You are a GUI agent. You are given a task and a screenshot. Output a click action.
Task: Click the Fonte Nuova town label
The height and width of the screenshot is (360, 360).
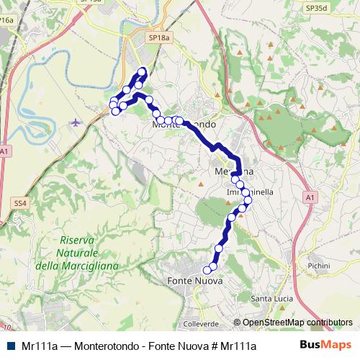pyautogui.click(x=194, y=280)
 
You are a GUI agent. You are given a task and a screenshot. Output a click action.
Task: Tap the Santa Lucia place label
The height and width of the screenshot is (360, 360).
pyautogui.click(x=271, y=298)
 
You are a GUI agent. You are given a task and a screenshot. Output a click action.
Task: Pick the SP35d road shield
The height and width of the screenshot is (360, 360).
pyautogui.click(x=315, y=8)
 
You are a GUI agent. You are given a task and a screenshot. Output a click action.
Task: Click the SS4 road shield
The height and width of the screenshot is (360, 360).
pyautogui.click(x=20, y=204)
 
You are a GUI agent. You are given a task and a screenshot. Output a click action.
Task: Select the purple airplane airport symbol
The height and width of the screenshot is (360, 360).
pyautogui.click(x=77, y=122)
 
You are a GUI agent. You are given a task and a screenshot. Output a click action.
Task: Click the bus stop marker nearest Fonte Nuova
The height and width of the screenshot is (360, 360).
pyautogui.click(x=207, y=270)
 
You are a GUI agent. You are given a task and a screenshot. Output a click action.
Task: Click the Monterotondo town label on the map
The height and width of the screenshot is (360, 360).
pyautogui.click(x=184, y=124)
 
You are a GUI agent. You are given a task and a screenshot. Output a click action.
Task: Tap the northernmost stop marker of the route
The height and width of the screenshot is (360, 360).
pyautogui.click(x=143, y=71)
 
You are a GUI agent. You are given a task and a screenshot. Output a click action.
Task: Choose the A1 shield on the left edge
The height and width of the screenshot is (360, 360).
pyautogui.click(x=5, y=151)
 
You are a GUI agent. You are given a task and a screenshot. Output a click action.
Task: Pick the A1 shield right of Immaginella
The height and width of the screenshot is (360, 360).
pyautogui.click(x=310, y=196)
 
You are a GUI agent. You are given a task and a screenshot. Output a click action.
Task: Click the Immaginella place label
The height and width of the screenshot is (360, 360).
pyautogui.click(x=249, y=193)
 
